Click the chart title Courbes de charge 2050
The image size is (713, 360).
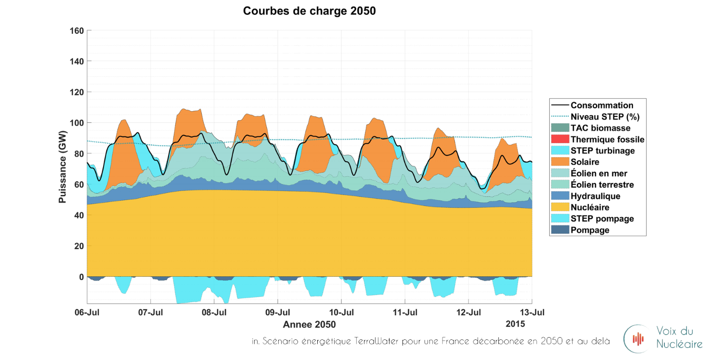pyautogui.click(x=309, y=11)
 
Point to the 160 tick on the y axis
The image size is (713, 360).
pyautogui.click(x=78, y=31)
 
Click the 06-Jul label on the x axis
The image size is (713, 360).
pyautogui.click(x=87, y=312)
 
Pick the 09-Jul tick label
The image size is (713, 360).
pyautogui.click(x=278, y=312)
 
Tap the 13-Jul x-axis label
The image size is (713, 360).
pyautogui.click(x=532, y=312)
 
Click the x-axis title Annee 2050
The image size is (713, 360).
pyautogui.click(x=309, y=324)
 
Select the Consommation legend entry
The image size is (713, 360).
pyautogui.click(x=602, y=105)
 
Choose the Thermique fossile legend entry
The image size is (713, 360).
pyautogui.click(x=607, y=140)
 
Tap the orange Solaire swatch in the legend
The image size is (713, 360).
pyautogui.click(x=559, y=162)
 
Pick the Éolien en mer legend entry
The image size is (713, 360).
pyautogui.click(x=599, y=173)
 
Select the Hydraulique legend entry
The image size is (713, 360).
pyautogui.click(x=595, y=196)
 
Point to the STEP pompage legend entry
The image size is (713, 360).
pyautogui.click(x=602, y=219)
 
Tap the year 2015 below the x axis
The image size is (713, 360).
pyautogui.click(x=515, y=323)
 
